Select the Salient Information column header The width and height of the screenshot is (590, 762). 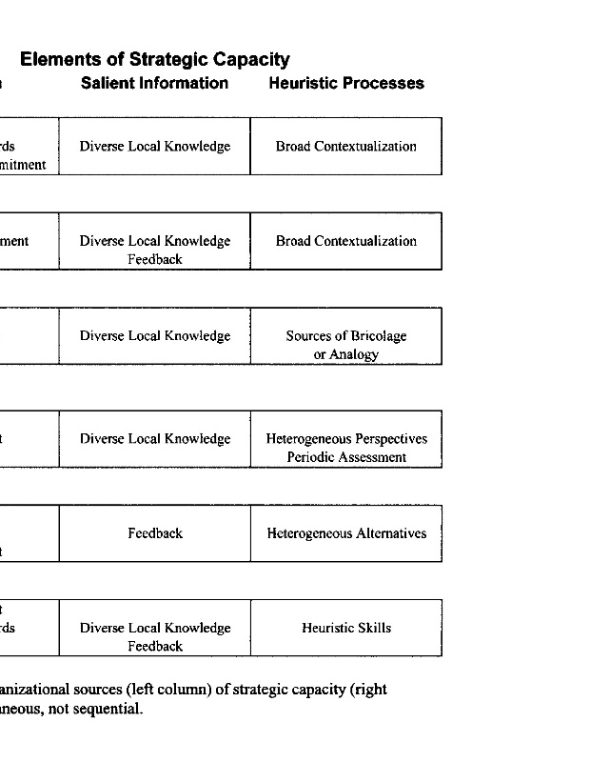154,83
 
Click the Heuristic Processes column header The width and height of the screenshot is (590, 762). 346,83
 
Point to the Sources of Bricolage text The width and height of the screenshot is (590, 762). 346,336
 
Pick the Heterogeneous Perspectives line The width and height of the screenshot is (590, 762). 346,439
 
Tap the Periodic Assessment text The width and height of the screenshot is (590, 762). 346,457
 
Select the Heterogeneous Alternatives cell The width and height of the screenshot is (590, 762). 346,533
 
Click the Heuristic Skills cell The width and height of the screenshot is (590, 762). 346,628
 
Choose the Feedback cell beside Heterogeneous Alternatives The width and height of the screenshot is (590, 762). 155,533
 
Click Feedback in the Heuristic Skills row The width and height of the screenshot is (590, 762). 155,646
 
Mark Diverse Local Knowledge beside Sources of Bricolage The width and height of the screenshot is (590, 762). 155,336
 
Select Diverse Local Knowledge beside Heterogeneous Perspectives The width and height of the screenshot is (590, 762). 155,439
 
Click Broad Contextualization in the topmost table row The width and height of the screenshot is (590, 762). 346,147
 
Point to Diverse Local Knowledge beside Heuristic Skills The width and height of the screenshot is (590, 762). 155,628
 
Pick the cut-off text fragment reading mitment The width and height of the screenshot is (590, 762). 23,165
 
